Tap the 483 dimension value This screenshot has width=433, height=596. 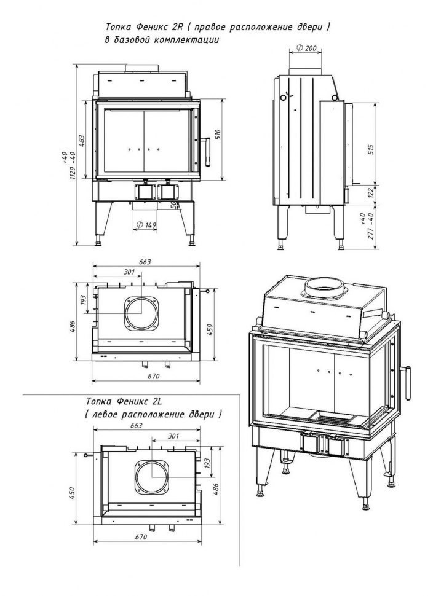click(82, 141)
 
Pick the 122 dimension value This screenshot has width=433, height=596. click(371, 193)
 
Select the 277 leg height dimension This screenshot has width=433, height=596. click(371, 230)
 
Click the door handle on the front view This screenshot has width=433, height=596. click(208, 151)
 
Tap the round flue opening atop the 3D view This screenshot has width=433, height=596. click(325, 286)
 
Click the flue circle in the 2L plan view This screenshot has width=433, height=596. click(151, 477)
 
